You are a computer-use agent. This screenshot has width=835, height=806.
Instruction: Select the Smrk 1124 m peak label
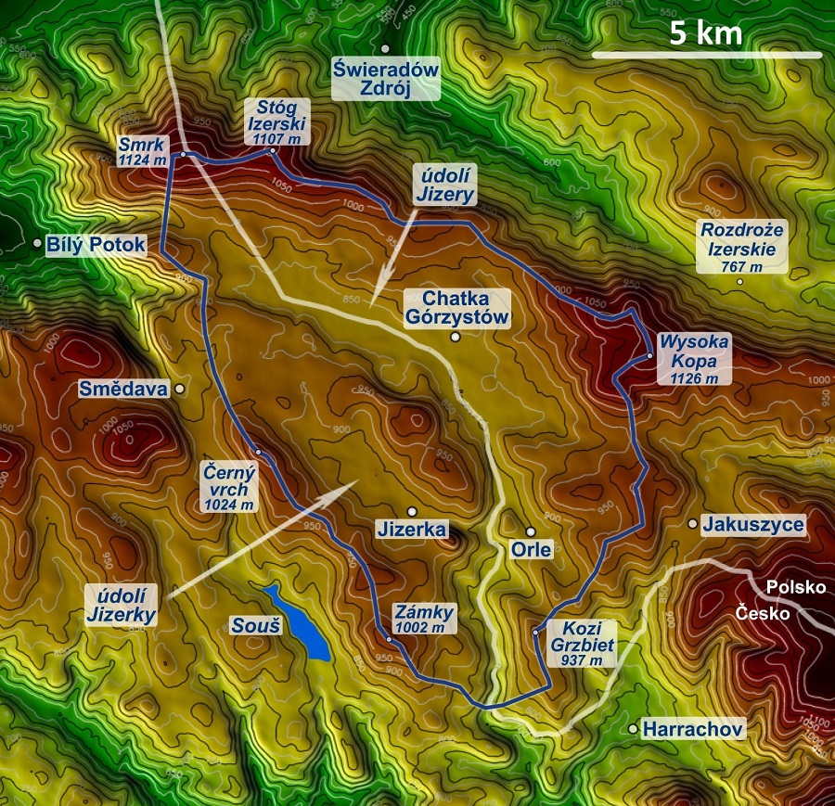[142, 151]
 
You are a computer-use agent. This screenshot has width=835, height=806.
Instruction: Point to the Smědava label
[123, 390]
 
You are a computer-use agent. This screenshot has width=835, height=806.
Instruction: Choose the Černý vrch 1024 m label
[228, 487]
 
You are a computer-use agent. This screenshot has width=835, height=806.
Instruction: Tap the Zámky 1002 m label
[423, 620]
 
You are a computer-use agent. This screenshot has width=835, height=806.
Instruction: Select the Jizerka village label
[412, 530]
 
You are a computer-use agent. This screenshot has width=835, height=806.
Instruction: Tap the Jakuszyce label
[752, 525]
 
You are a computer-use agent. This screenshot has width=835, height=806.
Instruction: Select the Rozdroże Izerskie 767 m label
[742, 247]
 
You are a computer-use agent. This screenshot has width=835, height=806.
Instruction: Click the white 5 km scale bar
[707, 55]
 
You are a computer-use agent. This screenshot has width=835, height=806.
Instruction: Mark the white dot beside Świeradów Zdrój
[385, 48]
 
